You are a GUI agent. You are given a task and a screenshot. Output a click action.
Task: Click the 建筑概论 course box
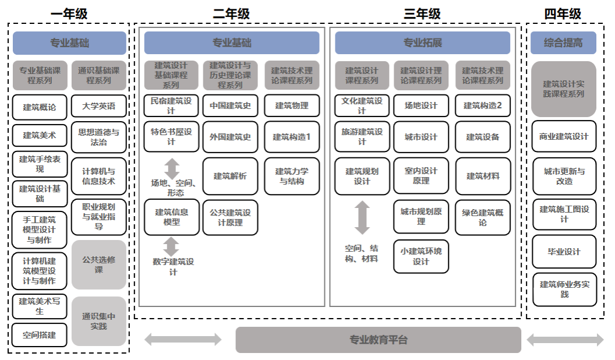pyautogui.click(x=40, y=107)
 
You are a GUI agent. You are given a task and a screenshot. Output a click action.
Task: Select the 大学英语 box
pyautogui.click(x=98, y=106)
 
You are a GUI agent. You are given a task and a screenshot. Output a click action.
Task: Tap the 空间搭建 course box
pyautogui.click(x=40, y=335)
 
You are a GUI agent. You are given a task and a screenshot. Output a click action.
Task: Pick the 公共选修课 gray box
pyautogui.click(x=98, y=264)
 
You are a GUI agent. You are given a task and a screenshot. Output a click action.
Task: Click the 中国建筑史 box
pyautogui.click(x=230, y=106)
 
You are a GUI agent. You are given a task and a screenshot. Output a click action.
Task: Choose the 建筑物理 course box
pyautogui.click(x=292, y=106)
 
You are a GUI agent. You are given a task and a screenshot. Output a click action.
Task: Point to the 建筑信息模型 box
pyautogui.click(x=171, y=217)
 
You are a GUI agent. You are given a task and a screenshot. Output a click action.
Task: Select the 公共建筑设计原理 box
pyautogui.click(x=230, y=217)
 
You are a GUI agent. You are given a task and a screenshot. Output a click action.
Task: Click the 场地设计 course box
pyautogui.click(x=421, y=106)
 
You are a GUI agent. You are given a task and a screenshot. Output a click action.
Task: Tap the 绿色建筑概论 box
pyautogui.click(x=482, y=217)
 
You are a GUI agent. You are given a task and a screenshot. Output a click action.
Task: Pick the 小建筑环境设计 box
pyautogui.click(x=421, y=256)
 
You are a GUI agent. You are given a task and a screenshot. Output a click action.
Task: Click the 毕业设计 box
pyautogui.click(x=564, y=252)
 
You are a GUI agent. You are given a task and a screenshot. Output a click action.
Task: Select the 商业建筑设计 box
pyautogui.click(x=564, y=136)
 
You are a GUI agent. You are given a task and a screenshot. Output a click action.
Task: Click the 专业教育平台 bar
pyautogui.click(x=378, y=340)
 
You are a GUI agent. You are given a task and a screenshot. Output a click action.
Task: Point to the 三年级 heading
pyautogui.click(x=422, y=13)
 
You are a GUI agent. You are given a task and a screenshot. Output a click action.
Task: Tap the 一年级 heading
pyautogui.click(x=69, y=13)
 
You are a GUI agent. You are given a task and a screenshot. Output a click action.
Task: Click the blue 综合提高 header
pyautogui.click(x=564, y=43)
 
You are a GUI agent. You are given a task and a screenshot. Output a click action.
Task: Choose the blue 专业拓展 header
pyautogui.click(x=422, y=43)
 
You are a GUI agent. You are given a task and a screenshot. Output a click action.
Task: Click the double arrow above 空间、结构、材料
pyautogui.click(x=362, y=217)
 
